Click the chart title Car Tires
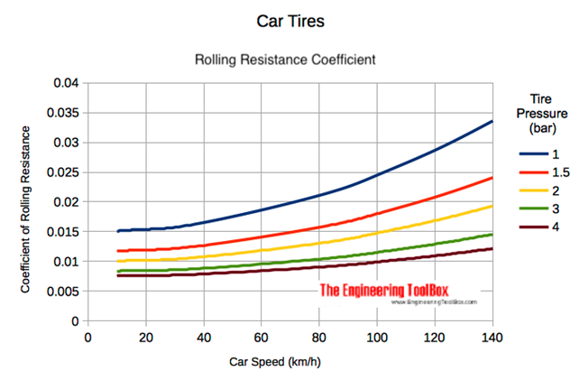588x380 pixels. [290, 20]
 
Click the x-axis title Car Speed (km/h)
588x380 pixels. [290, 361]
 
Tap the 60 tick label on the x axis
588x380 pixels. [262, 338]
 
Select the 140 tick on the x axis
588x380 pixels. [493, 338]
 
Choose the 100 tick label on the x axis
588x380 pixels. [377, 338]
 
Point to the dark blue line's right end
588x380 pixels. [492, 121]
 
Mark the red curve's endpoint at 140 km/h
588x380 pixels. [492, 178]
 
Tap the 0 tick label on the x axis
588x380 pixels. [87, 338]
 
